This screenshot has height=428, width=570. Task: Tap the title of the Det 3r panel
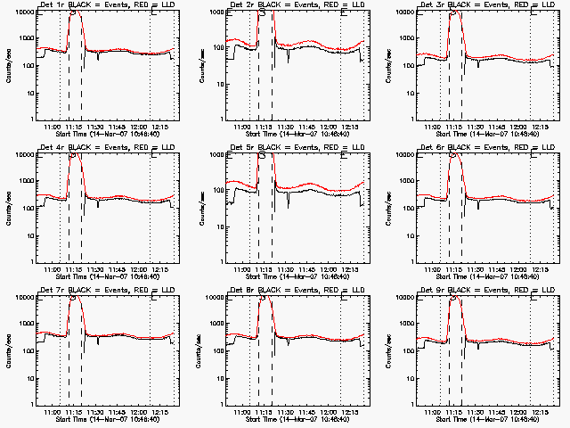(488, 6)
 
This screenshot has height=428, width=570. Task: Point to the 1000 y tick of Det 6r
(410, 182)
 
